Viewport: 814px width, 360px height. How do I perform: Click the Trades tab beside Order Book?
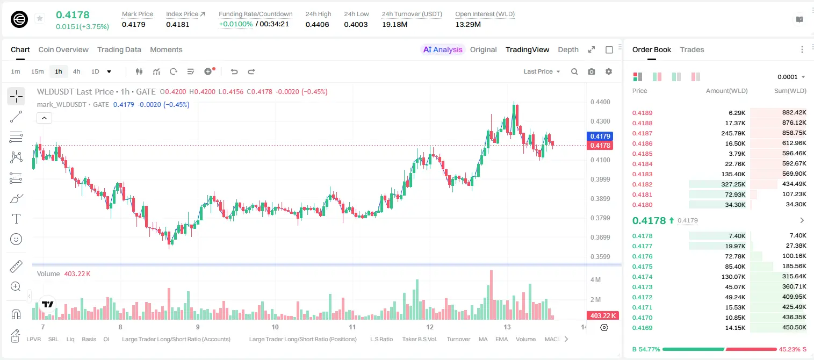[691, 49]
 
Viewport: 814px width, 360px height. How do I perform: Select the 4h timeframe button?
[76, 71]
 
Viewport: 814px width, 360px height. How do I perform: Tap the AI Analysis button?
[443, 49]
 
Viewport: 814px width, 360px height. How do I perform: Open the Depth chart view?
[568, 49]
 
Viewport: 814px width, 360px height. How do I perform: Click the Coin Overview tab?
[63, 49]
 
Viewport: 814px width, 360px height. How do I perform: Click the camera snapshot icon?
[592, 71]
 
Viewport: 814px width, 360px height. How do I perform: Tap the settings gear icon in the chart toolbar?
[609, 71]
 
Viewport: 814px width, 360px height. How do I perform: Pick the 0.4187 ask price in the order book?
[642, 133]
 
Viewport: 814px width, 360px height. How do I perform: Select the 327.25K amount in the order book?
[733, 184]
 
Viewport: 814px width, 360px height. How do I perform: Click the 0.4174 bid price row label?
[642, 277]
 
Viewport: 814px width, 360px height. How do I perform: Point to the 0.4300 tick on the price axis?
[600, 121]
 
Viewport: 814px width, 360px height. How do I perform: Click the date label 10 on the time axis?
[275, 327]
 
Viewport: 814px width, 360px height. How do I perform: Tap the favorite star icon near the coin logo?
[40, 18]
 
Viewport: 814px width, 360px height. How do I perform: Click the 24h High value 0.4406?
[317, 24]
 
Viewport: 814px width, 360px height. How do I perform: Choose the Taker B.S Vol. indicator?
[420, 339]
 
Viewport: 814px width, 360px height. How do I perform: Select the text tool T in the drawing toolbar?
[16, 219]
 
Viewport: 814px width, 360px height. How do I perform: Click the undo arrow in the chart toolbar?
[234, 71]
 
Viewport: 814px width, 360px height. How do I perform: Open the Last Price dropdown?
[542, 71]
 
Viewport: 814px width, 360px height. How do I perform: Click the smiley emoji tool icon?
[16, 239]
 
